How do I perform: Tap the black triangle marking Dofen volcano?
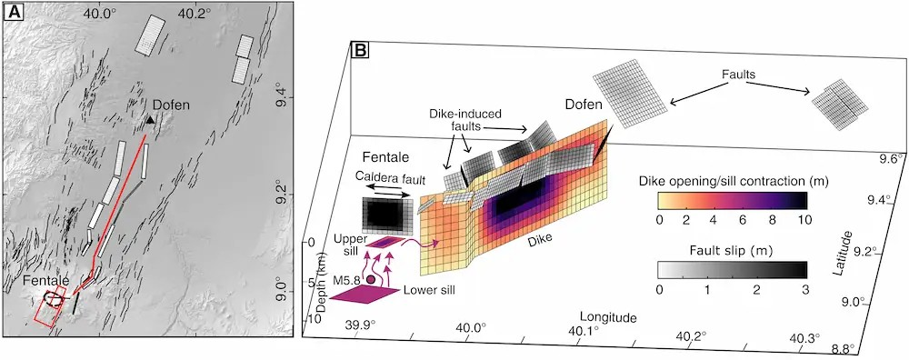click(x=150, y=119)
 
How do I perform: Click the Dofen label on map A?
click(x=169, y=105)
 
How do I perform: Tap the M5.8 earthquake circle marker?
click(x=371, y=279)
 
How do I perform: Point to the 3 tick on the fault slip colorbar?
click(x=804, y=288)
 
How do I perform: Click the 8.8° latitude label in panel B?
click(x=841, y=350)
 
